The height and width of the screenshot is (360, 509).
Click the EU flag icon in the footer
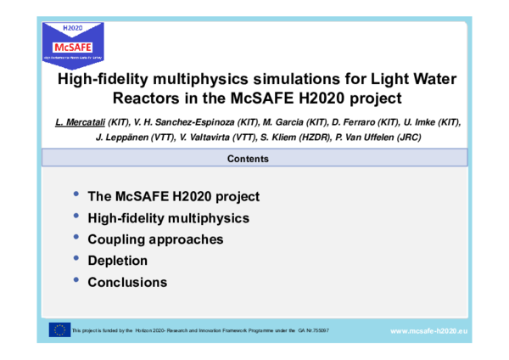[60, 329]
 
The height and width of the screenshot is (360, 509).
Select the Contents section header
[254, 158]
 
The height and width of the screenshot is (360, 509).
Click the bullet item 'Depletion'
[117, 261]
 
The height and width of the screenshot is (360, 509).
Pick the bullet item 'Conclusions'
[127, 282]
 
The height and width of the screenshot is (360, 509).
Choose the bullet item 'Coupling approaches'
[155, 239]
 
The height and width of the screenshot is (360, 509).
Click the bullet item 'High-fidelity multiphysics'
[168, 218]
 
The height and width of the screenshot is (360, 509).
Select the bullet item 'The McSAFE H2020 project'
[173, 196]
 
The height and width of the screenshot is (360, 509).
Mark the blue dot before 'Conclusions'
[77, 279]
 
